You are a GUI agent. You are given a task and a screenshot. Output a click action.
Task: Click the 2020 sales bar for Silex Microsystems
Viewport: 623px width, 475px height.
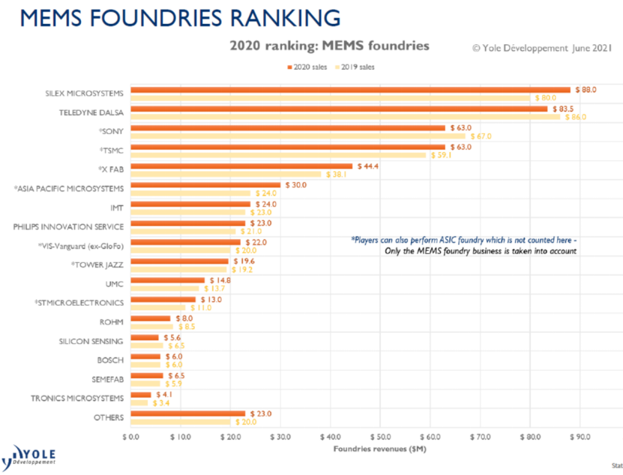tap(350, 89)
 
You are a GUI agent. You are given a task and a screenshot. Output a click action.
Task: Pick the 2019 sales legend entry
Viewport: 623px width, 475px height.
tap(356, 67)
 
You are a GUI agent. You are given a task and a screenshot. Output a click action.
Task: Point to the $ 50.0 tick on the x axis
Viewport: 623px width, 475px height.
tap(380, 435)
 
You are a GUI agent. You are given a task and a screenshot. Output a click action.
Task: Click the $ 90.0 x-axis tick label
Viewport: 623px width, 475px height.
tap(580, 435)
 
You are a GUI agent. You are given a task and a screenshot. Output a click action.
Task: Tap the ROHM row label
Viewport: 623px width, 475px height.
tap(112, 322)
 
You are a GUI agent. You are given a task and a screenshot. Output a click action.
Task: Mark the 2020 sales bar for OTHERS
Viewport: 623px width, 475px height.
tap(188, 414)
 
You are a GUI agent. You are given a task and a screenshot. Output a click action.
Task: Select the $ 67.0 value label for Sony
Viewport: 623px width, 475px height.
tap(481, 136)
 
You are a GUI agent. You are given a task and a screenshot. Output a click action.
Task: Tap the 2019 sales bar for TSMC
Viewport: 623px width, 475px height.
tap(278, 155)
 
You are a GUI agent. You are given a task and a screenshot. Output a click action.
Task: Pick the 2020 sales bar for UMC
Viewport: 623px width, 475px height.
tap(168, 280)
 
